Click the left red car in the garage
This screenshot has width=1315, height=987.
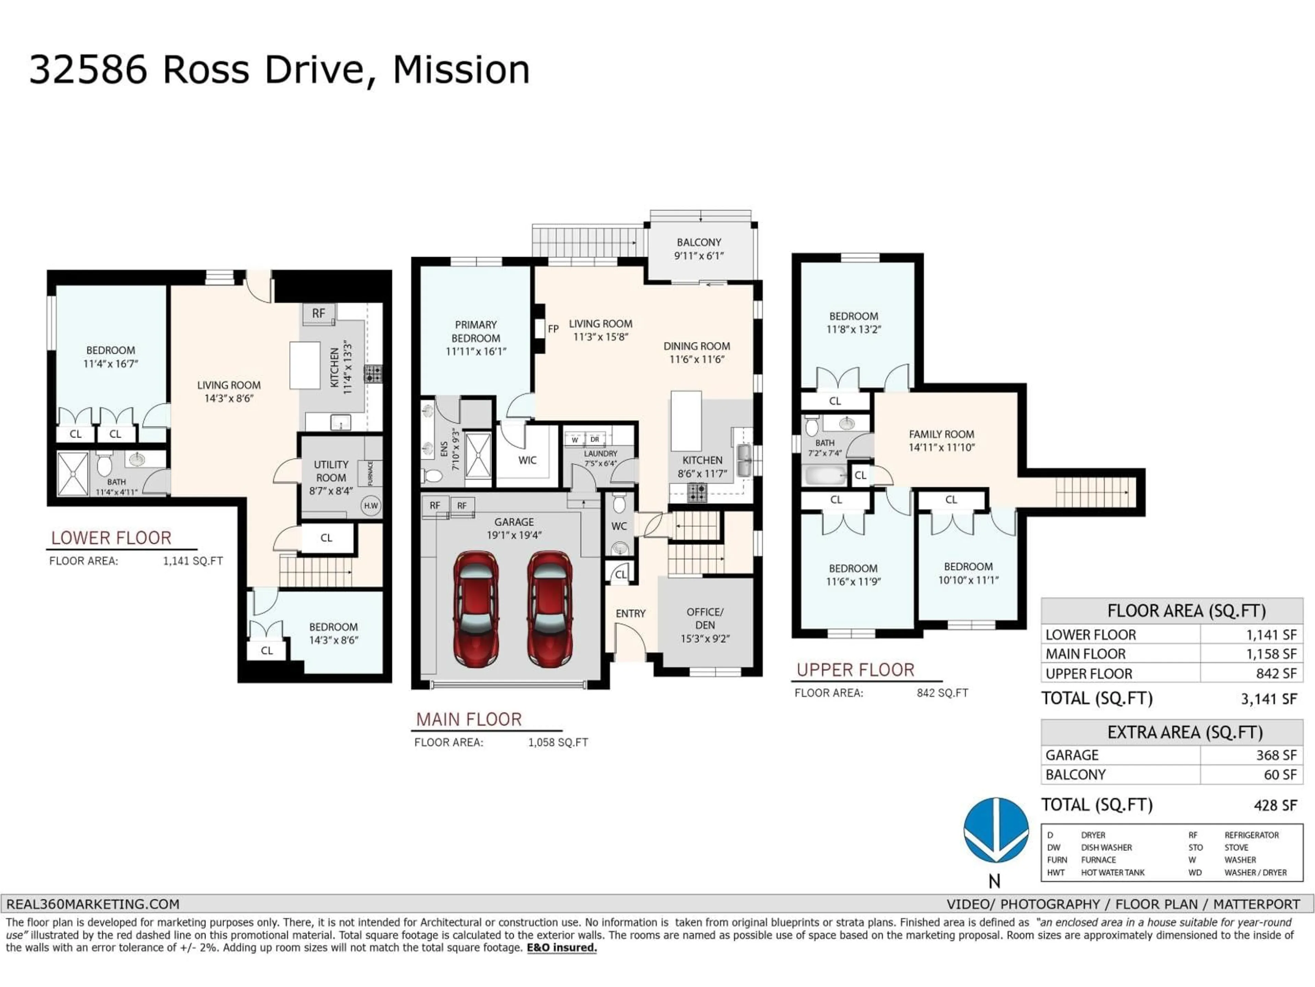coord(476,608)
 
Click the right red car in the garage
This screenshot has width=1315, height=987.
coord(550,608)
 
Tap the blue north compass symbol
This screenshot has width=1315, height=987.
coord(996,830)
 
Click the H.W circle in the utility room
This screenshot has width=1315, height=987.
coord(371,506)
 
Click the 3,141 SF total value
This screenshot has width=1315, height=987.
coord(1269,699)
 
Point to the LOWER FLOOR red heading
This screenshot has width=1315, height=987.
coord(111,538)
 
